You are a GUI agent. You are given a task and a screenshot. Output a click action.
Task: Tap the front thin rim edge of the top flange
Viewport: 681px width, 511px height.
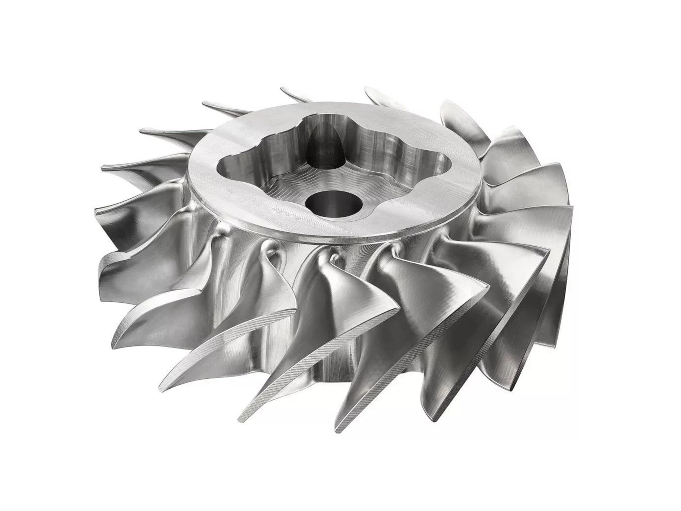[x=327, y=240]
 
